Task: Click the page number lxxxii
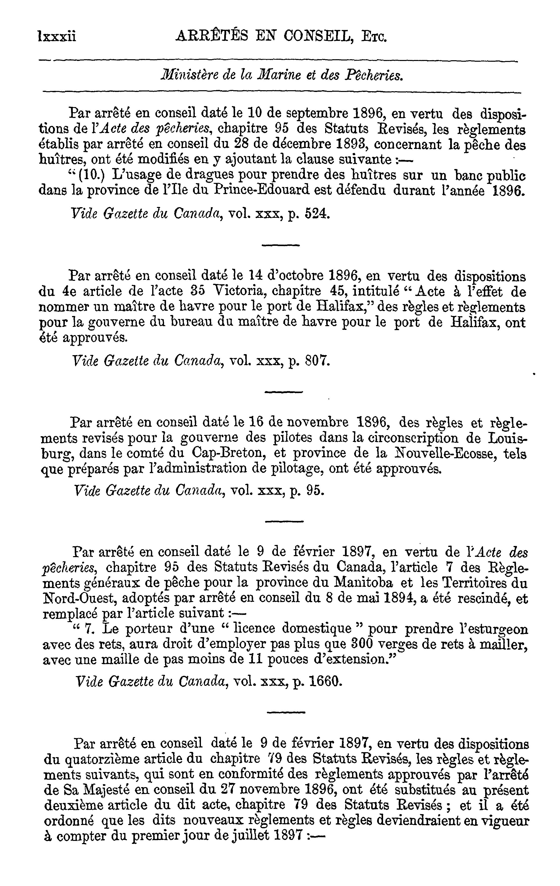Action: pos(57,36)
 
